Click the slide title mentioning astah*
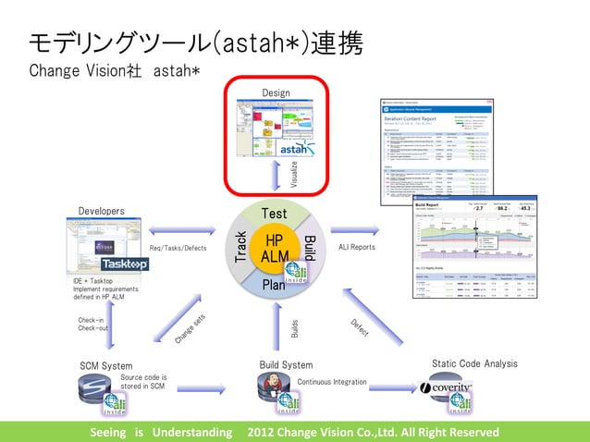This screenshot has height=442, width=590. point(195,43)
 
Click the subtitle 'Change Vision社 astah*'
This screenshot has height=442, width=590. point(115,70)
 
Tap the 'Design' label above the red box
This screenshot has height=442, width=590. point(276,93)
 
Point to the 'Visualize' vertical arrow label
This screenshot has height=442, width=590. point(294,173)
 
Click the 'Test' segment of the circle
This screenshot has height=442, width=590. point(276,215)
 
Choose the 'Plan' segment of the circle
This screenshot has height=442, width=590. point(275,284)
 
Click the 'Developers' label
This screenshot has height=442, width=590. point(102,211)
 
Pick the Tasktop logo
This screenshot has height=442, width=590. point(125,264)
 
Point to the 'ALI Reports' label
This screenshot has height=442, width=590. point(357,247)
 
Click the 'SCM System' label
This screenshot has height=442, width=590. point(105,365)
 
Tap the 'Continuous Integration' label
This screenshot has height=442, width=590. point(332,381)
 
